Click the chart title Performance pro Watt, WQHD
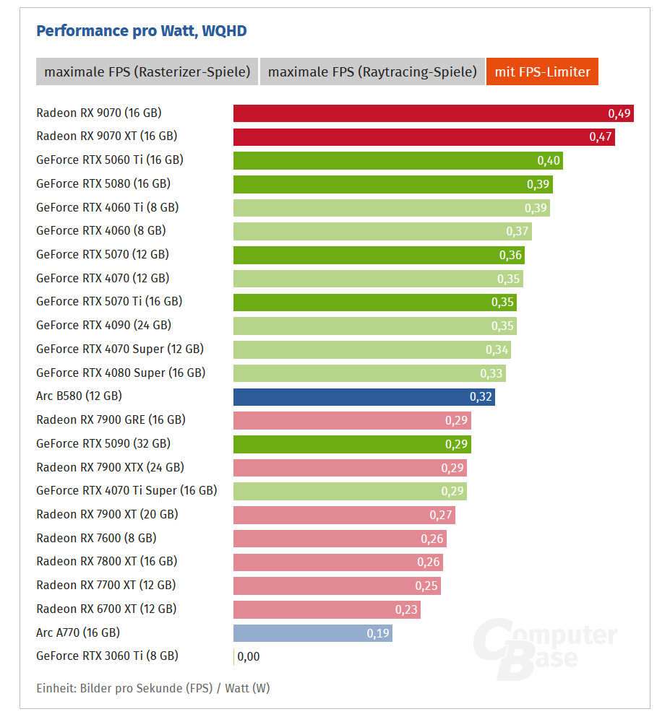click(x=141, y=30)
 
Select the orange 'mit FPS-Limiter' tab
click(x=542, y=71)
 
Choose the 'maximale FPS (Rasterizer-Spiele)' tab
click(x=147, y=71)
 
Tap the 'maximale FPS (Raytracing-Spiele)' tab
click(x=372, y=71)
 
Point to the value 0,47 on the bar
click(x=601, y=136)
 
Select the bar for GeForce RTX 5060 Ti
click(x=398, y=160)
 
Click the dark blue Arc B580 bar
click(x=364, y=396)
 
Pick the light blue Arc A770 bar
click(x=312, y=633)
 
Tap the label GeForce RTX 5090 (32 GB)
click(x=103, y=443)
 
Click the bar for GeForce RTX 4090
click(x=374, y=326)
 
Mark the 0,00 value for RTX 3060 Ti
click(x=248, y=656)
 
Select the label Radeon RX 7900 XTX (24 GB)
click(x=110, y=467)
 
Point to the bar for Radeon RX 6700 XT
click(x=327, y=609)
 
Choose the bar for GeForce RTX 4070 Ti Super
click(x=350, y=491)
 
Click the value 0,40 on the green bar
click(x=549, y=160)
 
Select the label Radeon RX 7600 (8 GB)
click(x=96, y=538)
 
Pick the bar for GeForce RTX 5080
click(x=392, y=184)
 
